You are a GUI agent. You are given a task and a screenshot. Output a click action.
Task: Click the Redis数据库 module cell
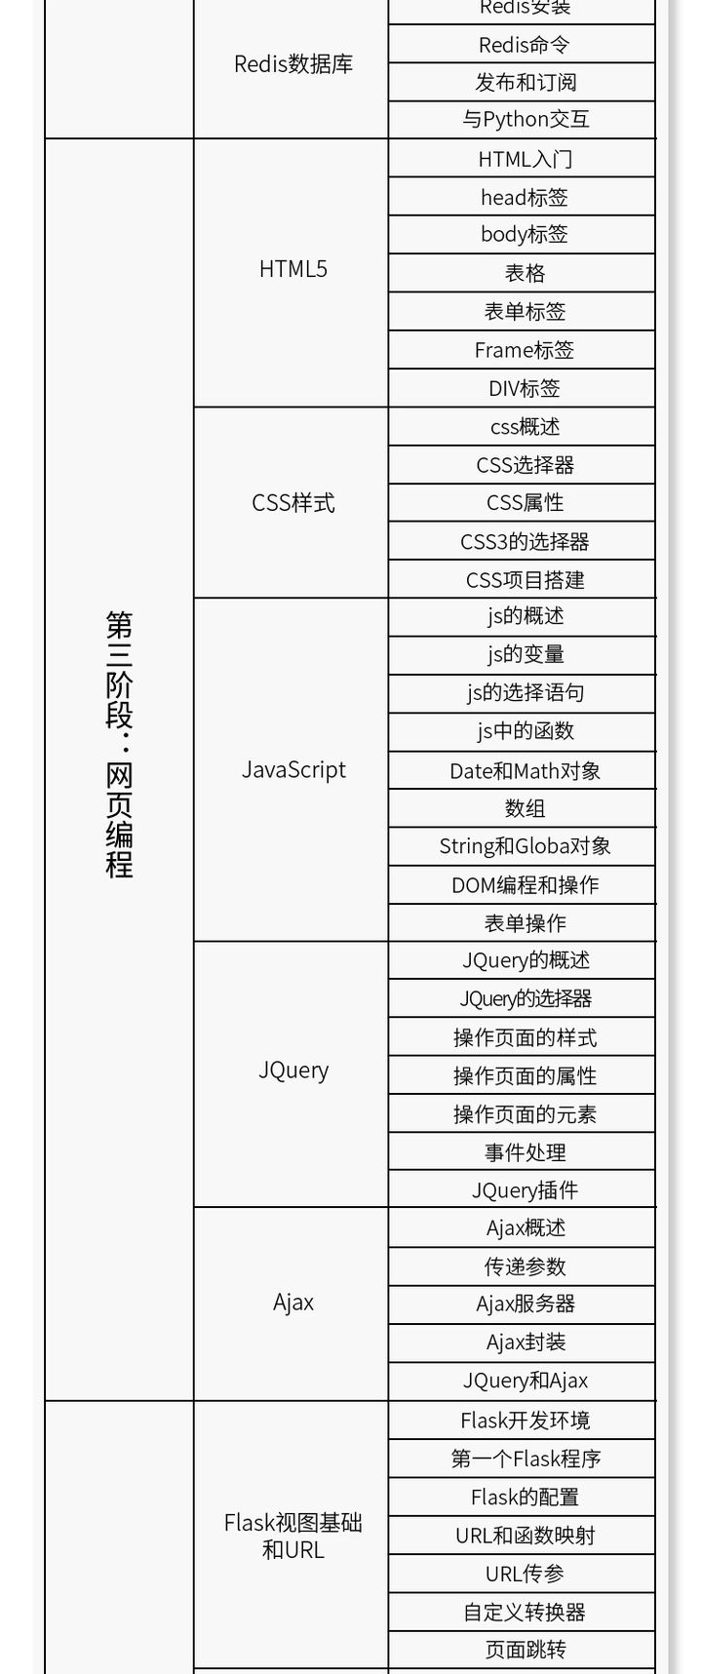[x=292, y=64]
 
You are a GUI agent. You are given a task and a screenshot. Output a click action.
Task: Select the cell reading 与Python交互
[x=525, y=120]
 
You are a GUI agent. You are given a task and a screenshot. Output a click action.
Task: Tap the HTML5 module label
[x=292, y=269]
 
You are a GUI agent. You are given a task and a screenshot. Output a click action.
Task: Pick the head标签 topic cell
[x=525, y=197]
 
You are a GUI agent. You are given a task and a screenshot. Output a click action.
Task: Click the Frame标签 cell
[x=525, y=350]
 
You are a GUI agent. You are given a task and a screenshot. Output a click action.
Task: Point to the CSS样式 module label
[x=292, y=503]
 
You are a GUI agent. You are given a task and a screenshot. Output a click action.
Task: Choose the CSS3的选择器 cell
[x=525, y=541]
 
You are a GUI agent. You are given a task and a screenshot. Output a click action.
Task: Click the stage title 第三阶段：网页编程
[x=120, y=745]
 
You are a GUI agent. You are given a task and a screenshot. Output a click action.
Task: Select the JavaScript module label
[x=292, y=770]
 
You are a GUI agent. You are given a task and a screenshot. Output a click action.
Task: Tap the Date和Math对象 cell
[x=525, y=771]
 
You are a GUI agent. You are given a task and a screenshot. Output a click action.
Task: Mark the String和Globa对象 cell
[x=525, y=846]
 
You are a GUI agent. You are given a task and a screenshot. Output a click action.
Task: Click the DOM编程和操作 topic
[x=525, y=885]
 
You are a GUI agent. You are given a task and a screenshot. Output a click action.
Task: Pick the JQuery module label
[x=292, y=1071]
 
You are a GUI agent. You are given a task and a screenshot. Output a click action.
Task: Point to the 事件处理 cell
[x=525, y=1152]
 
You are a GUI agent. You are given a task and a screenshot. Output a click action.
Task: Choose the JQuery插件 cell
[x=525, y=1190]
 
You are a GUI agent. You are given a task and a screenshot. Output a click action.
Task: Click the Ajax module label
[x=292, y=1303]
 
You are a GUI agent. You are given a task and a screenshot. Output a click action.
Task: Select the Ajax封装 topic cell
[x=525, y=1343]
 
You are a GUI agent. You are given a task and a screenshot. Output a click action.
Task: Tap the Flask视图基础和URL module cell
[x=292, y=1537]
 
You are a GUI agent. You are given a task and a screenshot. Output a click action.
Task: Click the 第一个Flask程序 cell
[x=525, y=1460]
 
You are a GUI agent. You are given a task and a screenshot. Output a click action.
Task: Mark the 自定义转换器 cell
[x=525, y=1613]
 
